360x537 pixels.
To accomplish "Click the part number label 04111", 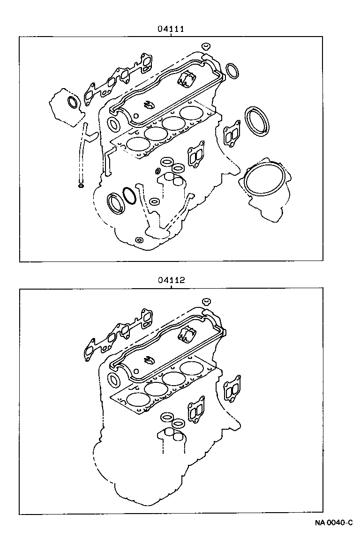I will click(170, 29).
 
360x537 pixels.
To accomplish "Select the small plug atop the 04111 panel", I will click(205, 46).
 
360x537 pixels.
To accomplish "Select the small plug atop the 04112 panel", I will click(205, 301).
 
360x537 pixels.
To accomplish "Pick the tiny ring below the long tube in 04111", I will click(81, 186).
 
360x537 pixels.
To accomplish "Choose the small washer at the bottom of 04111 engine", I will click(139, 240).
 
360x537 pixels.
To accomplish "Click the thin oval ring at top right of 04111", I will click(233, 71).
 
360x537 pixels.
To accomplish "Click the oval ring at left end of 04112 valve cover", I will click(114, 379).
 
